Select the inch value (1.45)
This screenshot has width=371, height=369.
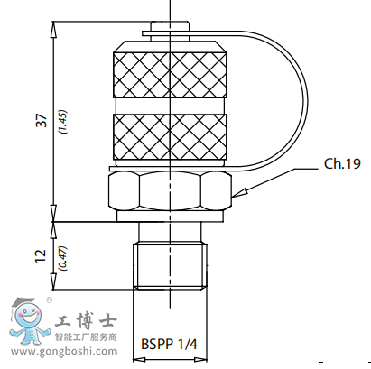pos(61,122)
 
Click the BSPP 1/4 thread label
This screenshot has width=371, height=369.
pos(169,344)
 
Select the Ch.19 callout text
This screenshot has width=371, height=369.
pos(341,164)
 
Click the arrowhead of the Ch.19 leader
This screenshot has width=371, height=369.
pos(235,195)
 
